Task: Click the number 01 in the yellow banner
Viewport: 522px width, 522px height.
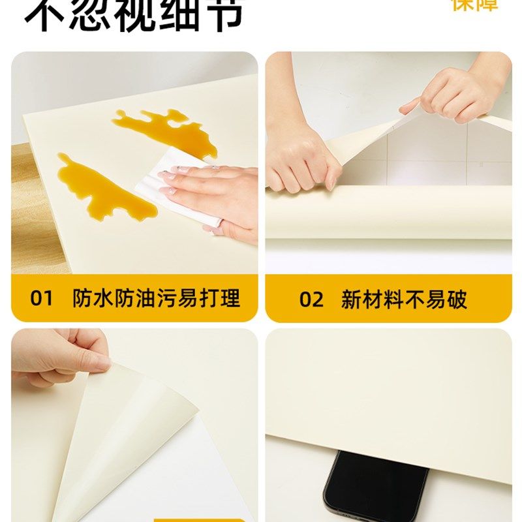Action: tap(41, 299)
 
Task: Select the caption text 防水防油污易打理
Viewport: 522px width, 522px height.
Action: tap(156, 299)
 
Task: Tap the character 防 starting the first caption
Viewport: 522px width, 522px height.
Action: tap(83, 299)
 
